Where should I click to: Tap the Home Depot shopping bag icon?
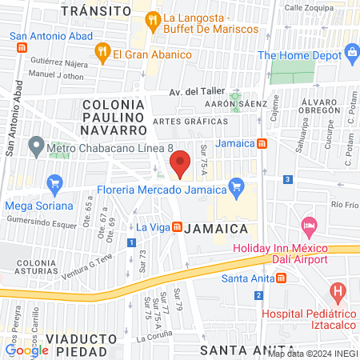351,54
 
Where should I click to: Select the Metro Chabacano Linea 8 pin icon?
35,146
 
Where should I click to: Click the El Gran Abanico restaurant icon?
102,54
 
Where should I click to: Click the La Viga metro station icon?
175,227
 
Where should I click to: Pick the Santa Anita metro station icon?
281,278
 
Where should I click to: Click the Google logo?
27,350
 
